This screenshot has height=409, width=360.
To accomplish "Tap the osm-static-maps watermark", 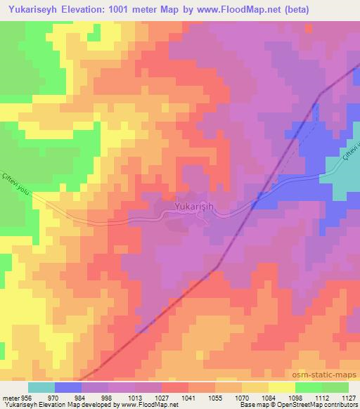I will coord(330,375).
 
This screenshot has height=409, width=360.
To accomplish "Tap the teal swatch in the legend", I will coord(41,387).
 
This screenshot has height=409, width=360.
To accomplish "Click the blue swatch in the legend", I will coord(68,387).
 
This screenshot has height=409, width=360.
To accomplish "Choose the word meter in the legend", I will coord(10,396).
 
